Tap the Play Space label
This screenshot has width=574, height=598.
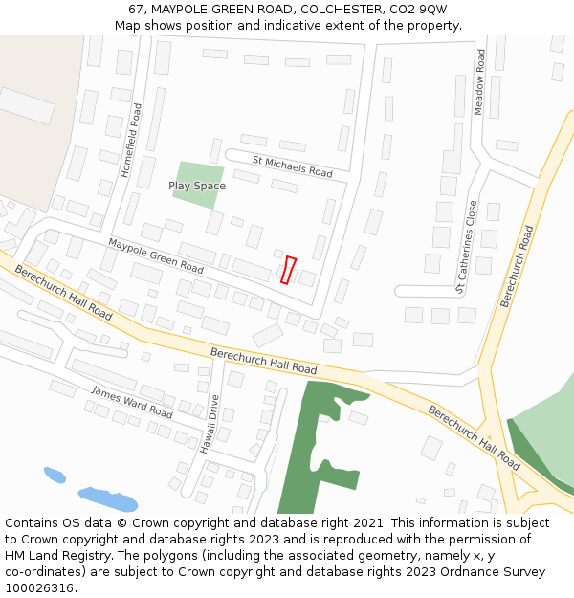[197, 186]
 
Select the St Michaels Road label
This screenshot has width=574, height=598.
[292, 167]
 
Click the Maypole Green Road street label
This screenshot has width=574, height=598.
[155, 254]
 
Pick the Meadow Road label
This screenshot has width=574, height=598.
[480, 83]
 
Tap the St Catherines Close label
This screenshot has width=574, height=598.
[466, 246]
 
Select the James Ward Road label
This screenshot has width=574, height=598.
[131, 401]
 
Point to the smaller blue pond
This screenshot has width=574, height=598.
[55, 475]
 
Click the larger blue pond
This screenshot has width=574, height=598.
[107, 499]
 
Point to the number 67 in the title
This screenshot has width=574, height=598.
[136, 9]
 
